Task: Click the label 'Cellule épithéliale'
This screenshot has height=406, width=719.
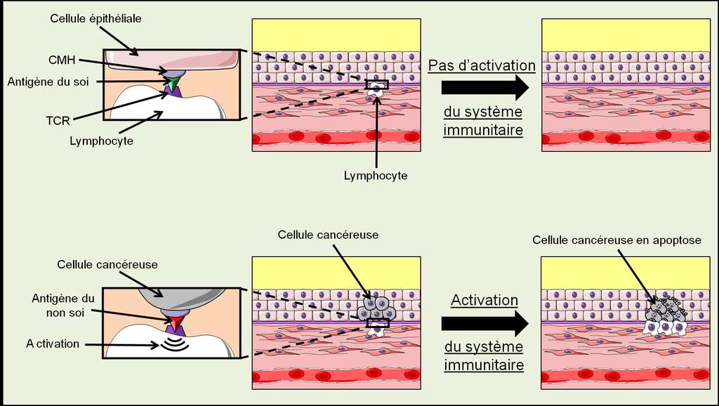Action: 95,18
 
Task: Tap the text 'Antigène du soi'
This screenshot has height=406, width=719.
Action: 48,81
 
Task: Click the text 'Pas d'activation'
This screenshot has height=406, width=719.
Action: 482,65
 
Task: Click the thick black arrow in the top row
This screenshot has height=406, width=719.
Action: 484,88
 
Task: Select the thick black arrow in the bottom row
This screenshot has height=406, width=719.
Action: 484,323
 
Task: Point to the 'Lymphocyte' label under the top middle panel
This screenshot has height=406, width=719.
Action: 376,176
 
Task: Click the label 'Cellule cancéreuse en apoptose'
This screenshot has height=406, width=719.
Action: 616,240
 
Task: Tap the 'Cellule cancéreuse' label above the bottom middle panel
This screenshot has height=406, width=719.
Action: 328,235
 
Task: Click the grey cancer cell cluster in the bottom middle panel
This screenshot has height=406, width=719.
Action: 377,308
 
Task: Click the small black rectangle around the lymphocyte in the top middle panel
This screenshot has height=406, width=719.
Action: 376,85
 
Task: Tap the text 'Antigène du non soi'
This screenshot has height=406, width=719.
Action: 63,306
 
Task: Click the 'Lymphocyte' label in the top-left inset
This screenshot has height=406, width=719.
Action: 101,141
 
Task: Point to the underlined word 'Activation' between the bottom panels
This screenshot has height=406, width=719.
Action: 484,300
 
